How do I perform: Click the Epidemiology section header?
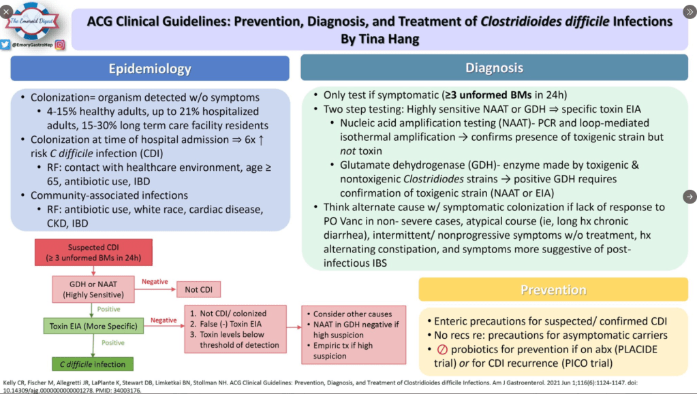pyautogui.click(x=150, y=69)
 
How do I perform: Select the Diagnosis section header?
pyautogui.click(x=494, y=67)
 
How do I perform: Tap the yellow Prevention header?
pyautogui.click(x=553, y=290)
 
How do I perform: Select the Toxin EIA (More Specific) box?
pyautogui.click(x=94, y=327)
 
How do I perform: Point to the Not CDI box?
pyautogui.click(x=198, y=289)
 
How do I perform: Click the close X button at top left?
pyautogui.click(x=7, y=12)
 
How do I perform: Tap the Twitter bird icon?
pyautogui.click(x=5, y=45)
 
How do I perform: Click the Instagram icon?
pyautogui.click(x=60, y=45)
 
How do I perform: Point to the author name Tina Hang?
pyautogui.click(x=379, y=39)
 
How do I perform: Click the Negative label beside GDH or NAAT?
pyautogui.click(x=153, y=282)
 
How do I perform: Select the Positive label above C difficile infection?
pyautogui.click(x=112, y=344)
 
